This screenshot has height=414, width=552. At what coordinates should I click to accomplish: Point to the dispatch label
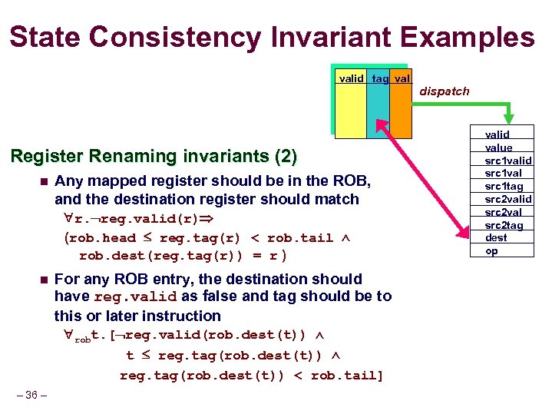click(x=444, y=91)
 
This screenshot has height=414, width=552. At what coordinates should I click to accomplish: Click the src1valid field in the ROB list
click(x=507, y=161)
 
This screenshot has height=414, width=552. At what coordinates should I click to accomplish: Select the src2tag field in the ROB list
click(x=504, y=225)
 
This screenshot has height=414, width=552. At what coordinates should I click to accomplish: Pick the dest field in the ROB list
click(x=496, y=238)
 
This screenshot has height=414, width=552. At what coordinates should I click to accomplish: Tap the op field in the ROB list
click(x=491, y=251)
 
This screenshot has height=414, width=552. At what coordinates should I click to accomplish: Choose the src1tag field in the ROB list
click(x=504, y=187)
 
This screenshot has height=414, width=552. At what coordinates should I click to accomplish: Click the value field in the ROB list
click(x=498, y=147)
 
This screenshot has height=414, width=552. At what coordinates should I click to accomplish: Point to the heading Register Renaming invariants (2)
click(x=153, y=157)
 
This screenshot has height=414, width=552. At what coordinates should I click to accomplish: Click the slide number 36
click(x=31, y=396)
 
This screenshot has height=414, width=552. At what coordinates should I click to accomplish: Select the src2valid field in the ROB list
click(x=507, y=200)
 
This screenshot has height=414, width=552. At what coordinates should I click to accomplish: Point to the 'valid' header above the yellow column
click(x=352, y=78)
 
